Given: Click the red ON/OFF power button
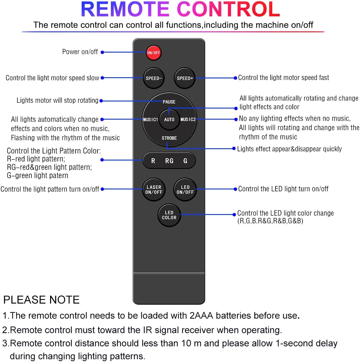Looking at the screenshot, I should pyautogui.click(x=153, y=53).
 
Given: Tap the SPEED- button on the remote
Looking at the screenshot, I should pyautogui.click(x=154, y=78).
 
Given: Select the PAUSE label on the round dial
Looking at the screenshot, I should pyautogui.click(x=169, y=102).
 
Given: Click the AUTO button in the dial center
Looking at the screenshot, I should pyautogui.click(x=169, y=119).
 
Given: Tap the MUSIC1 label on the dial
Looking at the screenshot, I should pyautogui.click(x=150, y=119).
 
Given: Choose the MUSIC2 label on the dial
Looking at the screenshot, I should pyautogui.click(x=188, y=119).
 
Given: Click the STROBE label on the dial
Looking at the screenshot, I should pyautogui.click(x=169, y=138).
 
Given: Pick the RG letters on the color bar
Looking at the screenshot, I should pyautogui.click(x=169, y=161).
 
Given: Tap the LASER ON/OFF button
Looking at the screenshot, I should pyautogui.click(x=154, y=189).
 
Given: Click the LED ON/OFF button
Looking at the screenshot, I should pyautogui.click(x=185, y=189).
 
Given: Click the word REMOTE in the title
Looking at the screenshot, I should pyautogui.click(x=125, y=9).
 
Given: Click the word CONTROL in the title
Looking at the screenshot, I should pyautogui.click(x=229, y=9).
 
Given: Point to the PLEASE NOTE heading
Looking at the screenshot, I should pyautogui.click(x=41, y=300).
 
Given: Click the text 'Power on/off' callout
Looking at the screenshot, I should pyautogui.click(x=80, y=52).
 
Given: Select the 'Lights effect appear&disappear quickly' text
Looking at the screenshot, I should pyautogui.click(x=289, y=149).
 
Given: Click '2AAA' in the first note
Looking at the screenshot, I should pyautogui.click(x=202, y=316).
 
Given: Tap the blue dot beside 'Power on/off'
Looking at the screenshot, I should pyautogui.click(x=102, y=53).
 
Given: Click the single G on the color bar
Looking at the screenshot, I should pyautogui.click(x=185, y=161).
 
